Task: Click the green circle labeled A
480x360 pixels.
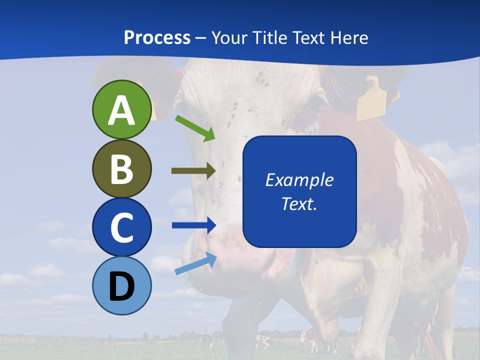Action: pyautogui.click(x=121, y=109)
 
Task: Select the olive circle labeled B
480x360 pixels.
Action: pyautogui.click(x=121, y=168)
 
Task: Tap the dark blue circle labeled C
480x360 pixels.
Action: pyautogui.click(x=121, y=227)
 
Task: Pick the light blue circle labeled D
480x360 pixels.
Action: pyautogui.click(x=121, y=285)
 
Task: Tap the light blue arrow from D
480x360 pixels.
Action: pyautogui.click(x=195, y=263)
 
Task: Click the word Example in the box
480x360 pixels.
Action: pyautogui.click(x=299, y=180)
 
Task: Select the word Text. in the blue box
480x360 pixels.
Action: pyautogui.click(x=299, y=203)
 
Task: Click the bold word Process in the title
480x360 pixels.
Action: pyautogui.click(x=157, y=37)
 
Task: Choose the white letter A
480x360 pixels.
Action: pyautogui.click(x=121, y=110)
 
